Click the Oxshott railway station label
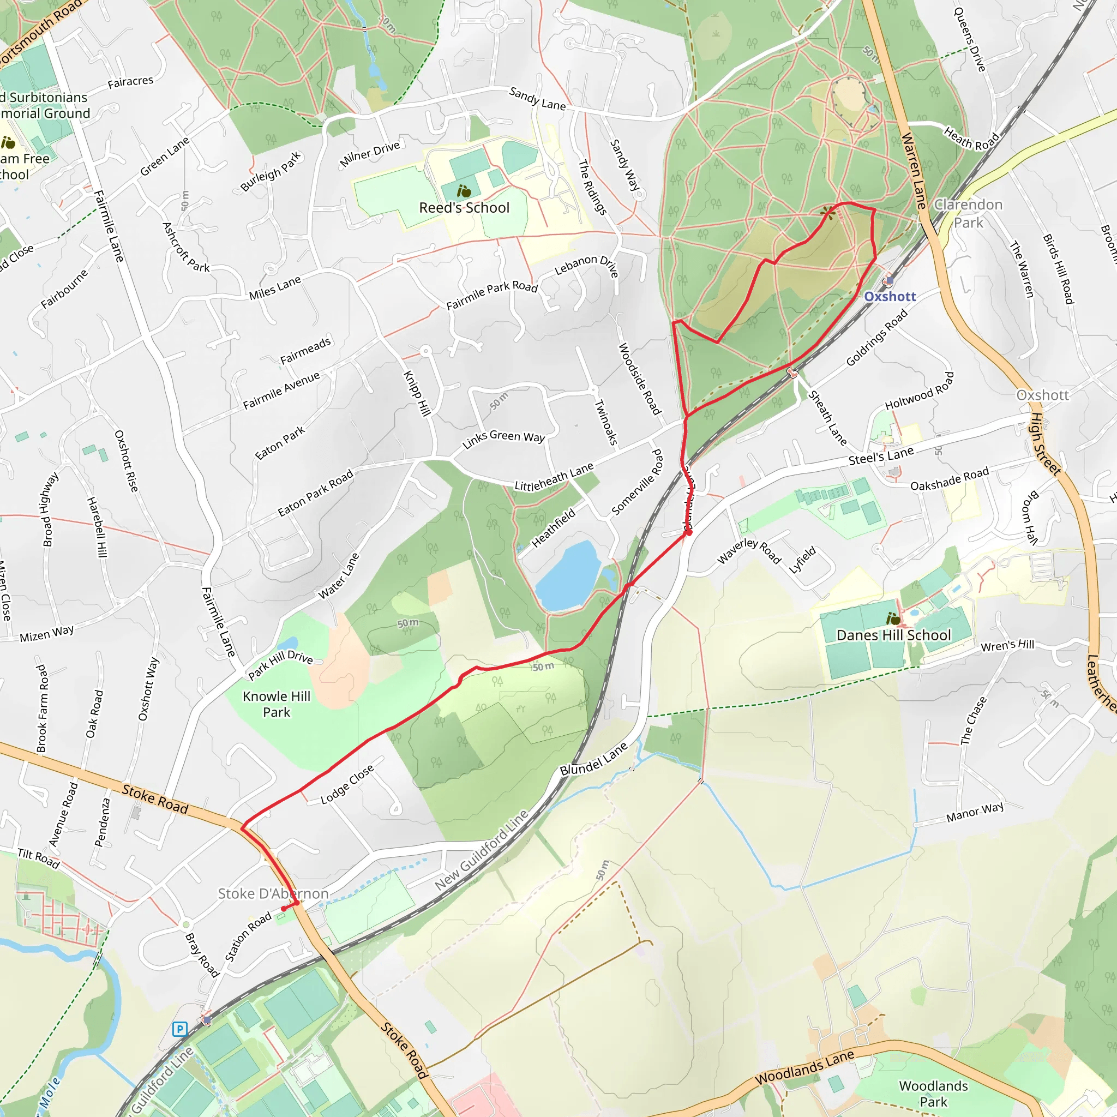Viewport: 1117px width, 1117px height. pos(890,297)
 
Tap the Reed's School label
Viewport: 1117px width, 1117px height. pos(464,208)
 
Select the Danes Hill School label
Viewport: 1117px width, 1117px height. pos(893,635)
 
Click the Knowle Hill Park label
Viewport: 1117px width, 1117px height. pos(277,704)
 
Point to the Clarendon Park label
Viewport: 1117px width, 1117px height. pos(969,213)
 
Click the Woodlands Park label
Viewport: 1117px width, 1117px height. pos(933,1094)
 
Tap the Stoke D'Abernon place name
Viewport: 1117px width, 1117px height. pos(273,894)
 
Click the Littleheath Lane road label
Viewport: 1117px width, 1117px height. pos(554,478)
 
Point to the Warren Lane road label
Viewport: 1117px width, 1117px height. pos(914,171)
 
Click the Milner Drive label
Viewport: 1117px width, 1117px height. pos(370,154)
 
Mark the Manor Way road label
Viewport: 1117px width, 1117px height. pos(975,812)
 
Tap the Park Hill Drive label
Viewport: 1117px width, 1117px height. pos(280,664)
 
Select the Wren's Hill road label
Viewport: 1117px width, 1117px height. pos(1007,645)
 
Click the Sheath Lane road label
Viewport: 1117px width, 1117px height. pos(827,417)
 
